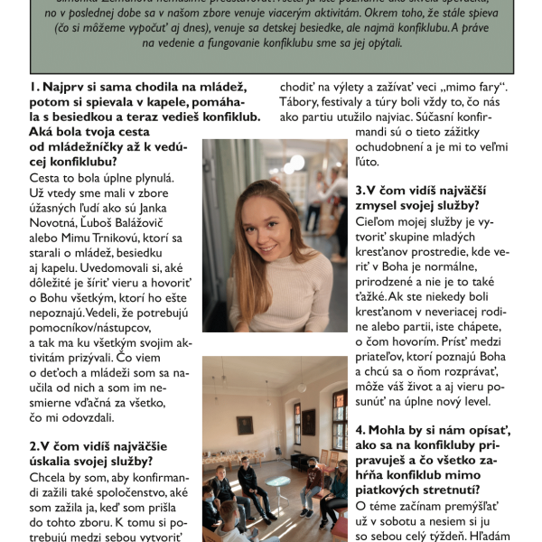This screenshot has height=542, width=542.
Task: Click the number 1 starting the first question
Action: (33, 88)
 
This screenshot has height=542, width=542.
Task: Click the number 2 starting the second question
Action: (33, 445)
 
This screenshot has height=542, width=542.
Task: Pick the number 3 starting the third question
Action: (359, 191)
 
